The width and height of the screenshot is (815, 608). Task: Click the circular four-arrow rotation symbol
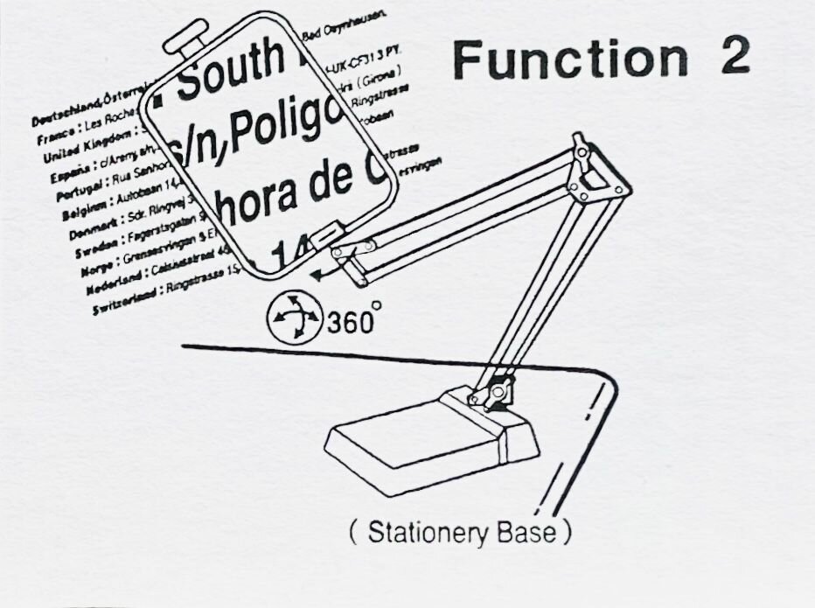[x=293, y=318]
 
